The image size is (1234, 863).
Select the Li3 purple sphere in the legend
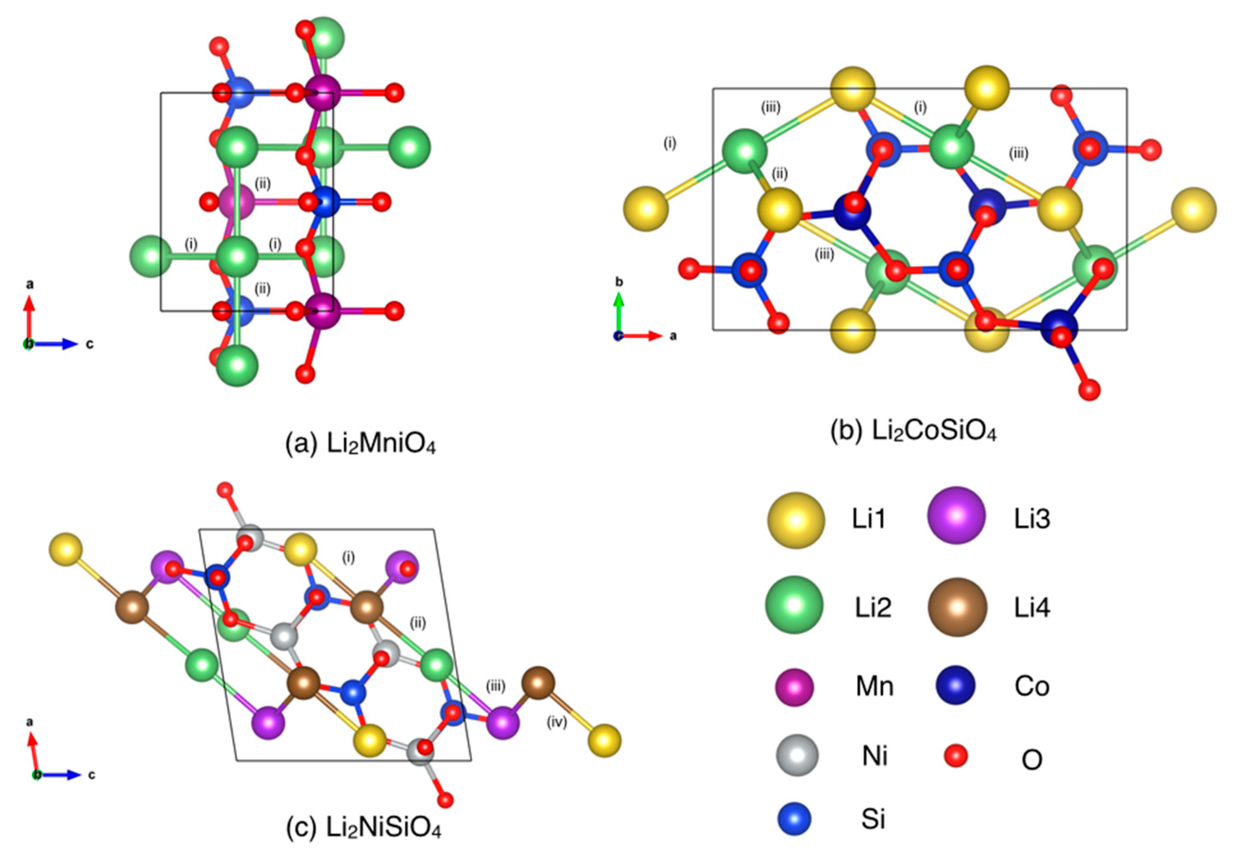tap(956, 515)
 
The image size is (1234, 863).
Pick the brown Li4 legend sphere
tap(957, 607)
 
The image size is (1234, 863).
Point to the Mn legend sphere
tap(794, 687)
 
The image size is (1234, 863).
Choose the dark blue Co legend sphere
tap(955, 685)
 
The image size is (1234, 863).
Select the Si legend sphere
tap(795, 819)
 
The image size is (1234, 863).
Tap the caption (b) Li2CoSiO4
tap(913, 432)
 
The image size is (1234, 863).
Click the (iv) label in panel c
tap(557, 723)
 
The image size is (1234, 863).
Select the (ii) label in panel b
tap(779, 174)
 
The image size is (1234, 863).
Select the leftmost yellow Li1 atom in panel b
tap(646, 208)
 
